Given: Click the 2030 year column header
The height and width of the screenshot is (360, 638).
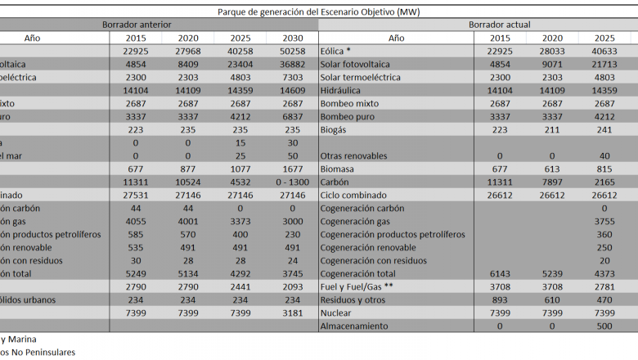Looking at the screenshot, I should click(292, 38).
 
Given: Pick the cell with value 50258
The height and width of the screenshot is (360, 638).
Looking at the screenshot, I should click(292, 51).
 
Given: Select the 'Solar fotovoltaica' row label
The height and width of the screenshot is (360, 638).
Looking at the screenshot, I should click(355, 64).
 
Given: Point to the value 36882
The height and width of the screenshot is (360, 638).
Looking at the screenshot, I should click(292, 64).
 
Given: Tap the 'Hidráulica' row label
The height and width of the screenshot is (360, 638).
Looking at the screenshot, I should click(342, 90).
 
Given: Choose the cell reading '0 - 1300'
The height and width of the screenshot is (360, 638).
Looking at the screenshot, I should click(292, 182).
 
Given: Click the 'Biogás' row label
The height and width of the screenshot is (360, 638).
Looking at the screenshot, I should click(335, 129).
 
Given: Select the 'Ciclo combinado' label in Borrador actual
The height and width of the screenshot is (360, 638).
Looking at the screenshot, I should click(352, 195).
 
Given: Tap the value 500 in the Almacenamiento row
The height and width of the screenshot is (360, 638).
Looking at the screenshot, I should click(604, 326).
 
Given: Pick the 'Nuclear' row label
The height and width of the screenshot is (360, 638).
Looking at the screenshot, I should click(336, 313).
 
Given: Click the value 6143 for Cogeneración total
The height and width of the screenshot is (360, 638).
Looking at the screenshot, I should click(501, 273).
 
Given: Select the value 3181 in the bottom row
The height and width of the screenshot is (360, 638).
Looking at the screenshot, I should click(292, 313).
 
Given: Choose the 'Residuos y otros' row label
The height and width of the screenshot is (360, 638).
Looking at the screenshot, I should click(353, 299).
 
